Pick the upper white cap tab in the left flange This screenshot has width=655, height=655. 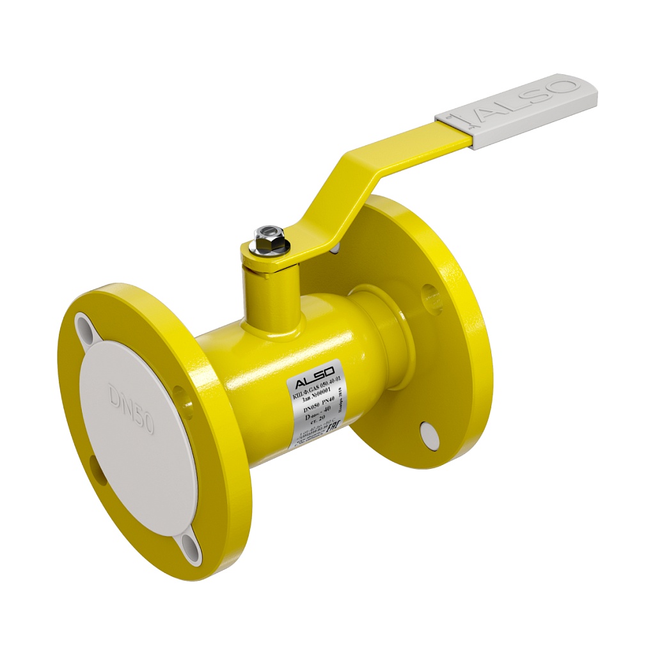click(84, 324)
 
